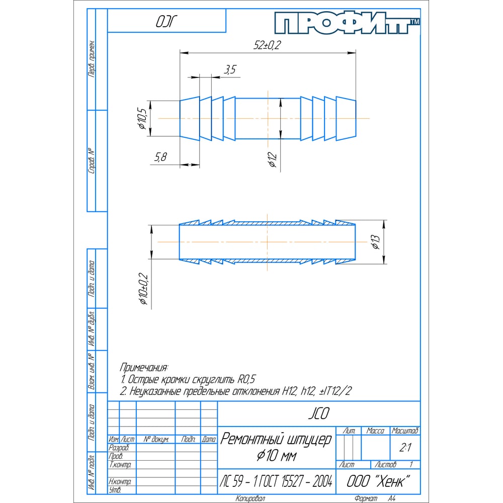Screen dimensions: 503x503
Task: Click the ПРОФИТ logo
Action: point(347,23)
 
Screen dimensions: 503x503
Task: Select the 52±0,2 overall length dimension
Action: point(267,45)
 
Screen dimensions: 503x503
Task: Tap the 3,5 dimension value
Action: point(230,69)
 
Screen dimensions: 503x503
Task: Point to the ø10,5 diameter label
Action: point(142,119)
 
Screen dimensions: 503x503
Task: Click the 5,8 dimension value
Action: point(161,157)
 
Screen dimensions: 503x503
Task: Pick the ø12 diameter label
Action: point(272,159)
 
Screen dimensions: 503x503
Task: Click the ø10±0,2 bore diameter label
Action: point(143,289)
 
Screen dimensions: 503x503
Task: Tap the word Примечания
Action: point(144,367)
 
